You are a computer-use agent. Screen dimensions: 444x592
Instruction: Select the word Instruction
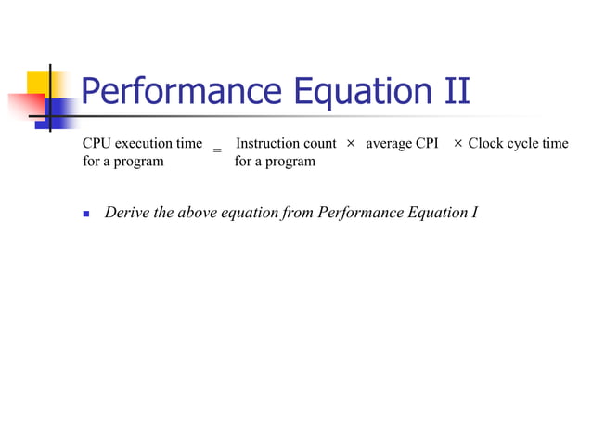pyautogui.click(x=267, y=144)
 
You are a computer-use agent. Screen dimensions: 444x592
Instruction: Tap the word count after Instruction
pyautogui.click(x=318, y=144)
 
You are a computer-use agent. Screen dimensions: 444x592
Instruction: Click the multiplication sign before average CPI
pyautogui.click(x=351, y=144)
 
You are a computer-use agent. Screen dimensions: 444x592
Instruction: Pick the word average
pyautogui.click(x=390, y=144)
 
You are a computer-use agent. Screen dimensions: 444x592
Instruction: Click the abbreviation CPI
pyautogui.click(x=428, y=144)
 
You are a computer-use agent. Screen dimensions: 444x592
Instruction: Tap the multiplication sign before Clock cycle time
pyautogui.click(x=458, y=144)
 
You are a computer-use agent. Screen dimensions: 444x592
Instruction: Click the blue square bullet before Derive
pyautogui.click(x=86, y=214)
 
